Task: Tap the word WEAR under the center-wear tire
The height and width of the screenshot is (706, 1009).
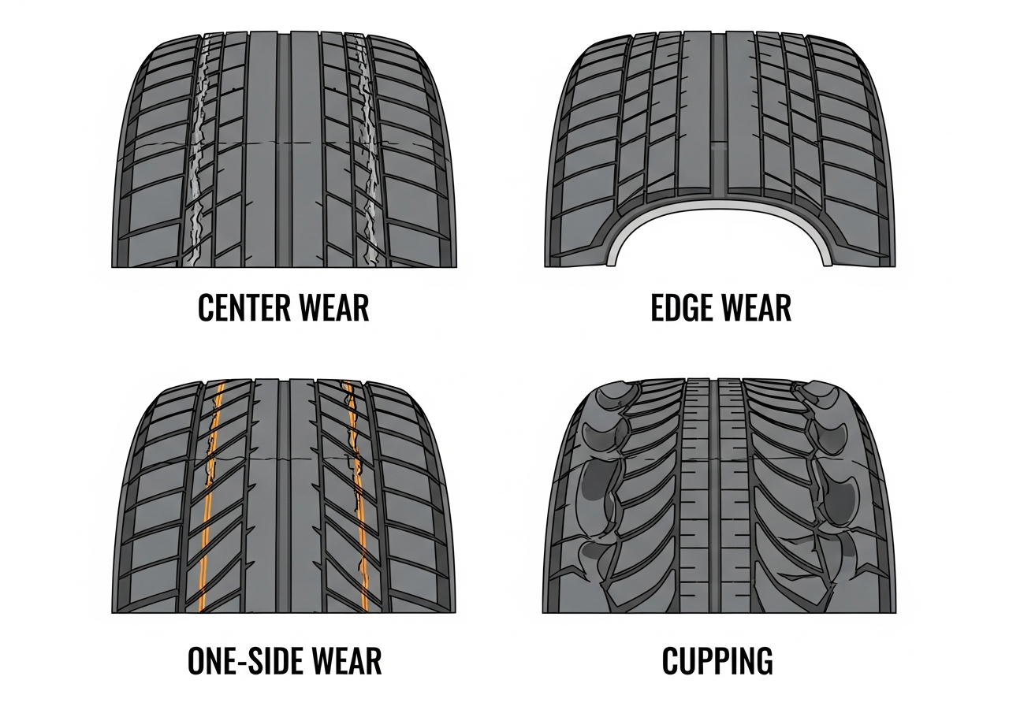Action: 333,307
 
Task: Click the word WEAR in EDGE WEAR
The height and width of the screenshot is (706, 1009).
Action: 756,307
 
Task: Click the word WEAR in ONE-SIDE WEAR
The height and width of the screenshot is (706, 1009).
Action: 346,660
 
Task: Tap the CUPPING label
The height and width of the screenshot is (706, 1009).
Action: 717,660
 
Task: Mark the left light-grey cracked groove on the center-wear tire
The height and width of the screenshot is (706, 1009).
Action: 197,150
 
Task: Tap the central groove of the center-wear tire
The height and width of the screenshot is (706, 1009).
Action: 284,150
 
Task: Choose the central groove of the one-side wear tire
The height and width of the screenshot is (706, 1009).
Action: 283,496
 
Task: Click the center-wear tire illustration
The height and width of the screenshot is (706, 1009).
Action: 284,150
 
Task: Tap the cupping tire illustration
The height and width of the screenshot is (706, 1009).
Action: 719,496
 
